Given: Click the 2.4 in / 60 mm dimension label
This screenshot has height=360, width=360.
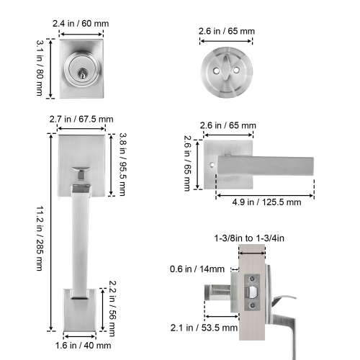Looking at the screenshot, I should (x=81, y=24).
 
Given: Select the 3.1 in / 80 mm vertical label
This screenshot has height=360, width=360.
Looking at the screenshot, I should (x=41, y=69).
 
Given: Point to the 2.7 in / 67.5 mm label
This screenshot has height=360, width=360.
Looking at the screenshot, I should (x=81, y=120).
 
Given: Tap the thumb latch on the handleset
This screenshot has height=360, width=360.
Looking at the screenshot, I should (x=81, y=174).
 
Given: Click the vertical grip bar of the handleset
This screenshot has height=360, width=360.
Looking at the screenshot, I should (x=81, y=238).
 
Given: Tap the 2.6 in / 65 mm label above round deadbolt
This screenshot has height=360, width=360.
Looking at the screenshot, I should (x=228, y=32).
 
